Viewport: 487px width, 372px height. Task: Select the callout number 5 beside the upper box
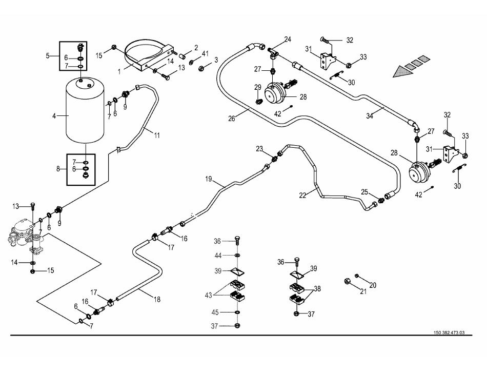click(x=48, y=55)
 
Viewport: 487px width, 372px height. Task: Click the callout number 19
click(x=209, y=180)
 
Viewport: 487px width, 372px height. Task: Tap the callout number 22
click(x=303, y=194)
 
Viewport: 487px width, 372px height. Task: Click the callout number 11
click(x=156, y=135)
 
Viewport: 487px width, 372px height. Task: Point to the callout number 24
click(x=288, y=40)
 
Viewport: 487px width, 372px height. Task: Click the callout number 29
click(x=257, y=87)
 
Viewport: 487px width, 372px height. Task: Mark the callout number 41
click(x=205, y=54)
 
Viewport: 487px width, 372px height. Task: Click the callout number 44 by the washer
click(x=218, y=255)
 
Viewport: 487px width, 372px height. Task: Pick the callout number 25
click(x=364, y=192)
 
